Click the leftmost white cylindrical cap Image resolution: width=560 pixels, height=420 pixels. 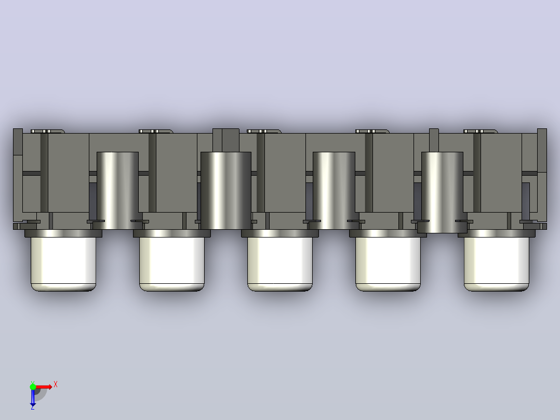tap(63, 264)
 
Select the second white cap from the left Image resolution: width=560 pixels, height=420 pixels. tap(172, 264)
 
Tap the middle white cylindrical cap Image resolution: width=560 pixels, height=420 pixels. tap(280, 264)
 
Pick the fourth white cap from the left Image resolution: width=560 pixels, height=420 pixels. tap(388, 264)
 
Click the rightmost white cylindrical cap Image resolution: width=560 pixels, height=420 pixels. tap(497, 264)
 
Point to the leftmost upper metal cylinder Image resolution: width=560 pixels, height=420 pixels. tap(117, 191)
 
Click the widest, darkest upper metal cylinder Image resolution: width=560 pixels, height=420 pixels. tap(225, 191)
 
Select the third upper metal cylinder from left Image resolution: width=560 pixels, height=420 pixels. tap(334, 191)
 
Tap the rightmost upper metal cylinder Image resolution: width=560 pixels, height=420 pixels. tap(442, 192)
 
